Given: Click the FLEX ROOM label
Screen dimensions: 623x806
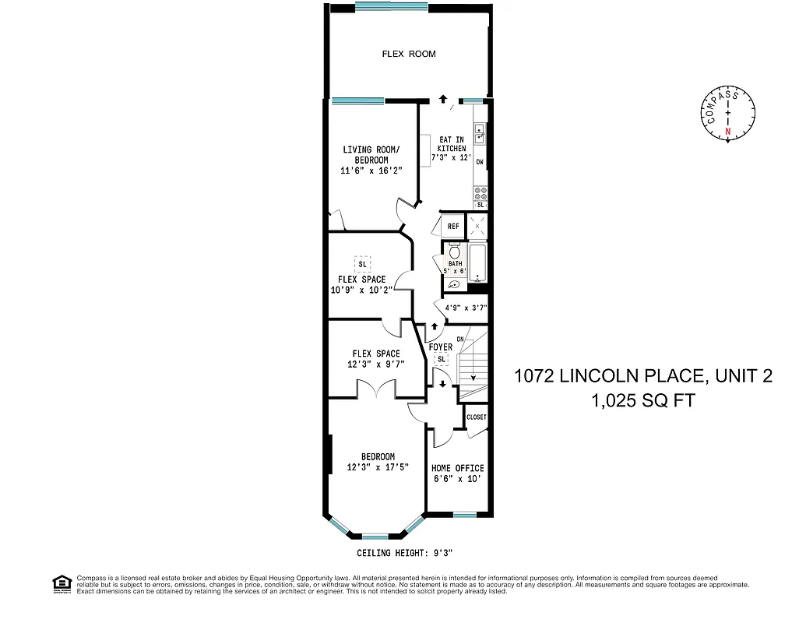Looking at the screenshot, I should [x=408, y=54].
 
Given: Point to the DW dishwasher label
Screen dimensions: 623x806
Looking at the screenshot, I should [x=480, y=162].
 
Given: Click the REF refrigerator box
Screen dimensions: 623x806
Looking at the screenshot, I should [x=452, y=227].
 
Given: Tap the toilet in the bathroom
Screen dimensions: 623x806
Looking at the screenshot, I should [x=456, y=252].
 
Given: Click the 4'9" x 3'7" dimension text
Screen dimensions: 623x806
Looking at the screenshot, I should [x=465, y=308].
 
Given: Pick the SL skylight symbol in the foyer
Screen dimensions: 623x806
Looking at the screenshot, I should [x=442, y=359].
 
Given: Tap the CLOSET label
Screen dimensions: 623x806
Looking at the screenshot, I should [x=476, y=417].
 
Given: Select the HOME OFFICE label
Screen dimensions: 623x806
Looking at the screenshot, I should [x=457, y=468].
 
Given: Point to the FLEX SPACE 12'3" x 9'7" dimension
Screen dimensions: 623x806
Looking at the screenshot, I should [x=375, y=364].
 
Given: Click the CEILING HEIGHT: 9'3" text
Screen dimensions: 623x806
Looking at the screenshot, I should [x=404, y=553].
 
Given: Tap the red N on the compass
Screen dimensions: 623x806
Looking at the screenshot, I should [x=728, y=132].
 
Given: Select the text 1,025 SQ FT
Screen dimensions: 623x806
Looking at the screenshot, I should [x=642, y=401].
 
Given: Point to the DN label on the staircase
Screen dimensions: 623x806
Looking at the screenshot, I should [x=459, y=339].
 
